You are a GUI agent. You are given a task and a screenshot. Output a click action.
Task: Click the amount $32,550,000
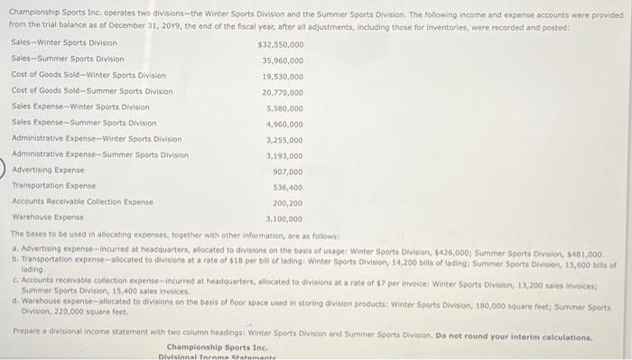pos(280,43)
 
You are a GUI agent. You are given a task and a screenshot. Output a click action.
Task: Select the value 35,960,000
pos(282,60)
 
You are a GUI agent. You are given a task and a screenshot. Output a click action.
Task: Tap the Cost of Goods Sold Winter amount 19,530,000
pos(282,76)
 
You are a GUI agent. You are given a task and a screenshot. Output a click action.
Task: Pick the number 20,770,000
pos(282,92)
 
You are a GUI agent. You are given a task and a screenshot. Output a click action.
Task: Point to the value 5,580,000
pos(284,107)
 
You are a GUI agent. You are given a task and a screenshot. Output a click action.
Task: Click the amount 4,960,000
pos(284,124)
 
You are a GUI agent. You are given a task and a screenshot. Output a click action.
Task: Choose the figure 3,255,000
pos(284,140)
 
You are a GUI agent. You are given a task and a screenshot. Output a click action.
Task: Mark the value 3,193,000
pos(284,155)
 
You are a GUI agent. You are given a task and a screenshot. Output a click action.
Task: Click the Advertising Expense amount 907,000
pos(287,171)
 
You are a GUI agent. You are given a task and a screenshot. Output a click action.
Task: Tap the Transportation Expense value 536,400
pos(287,187)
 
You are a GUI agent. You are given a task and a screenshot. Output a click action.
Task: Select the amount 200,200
pos(287,203)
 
